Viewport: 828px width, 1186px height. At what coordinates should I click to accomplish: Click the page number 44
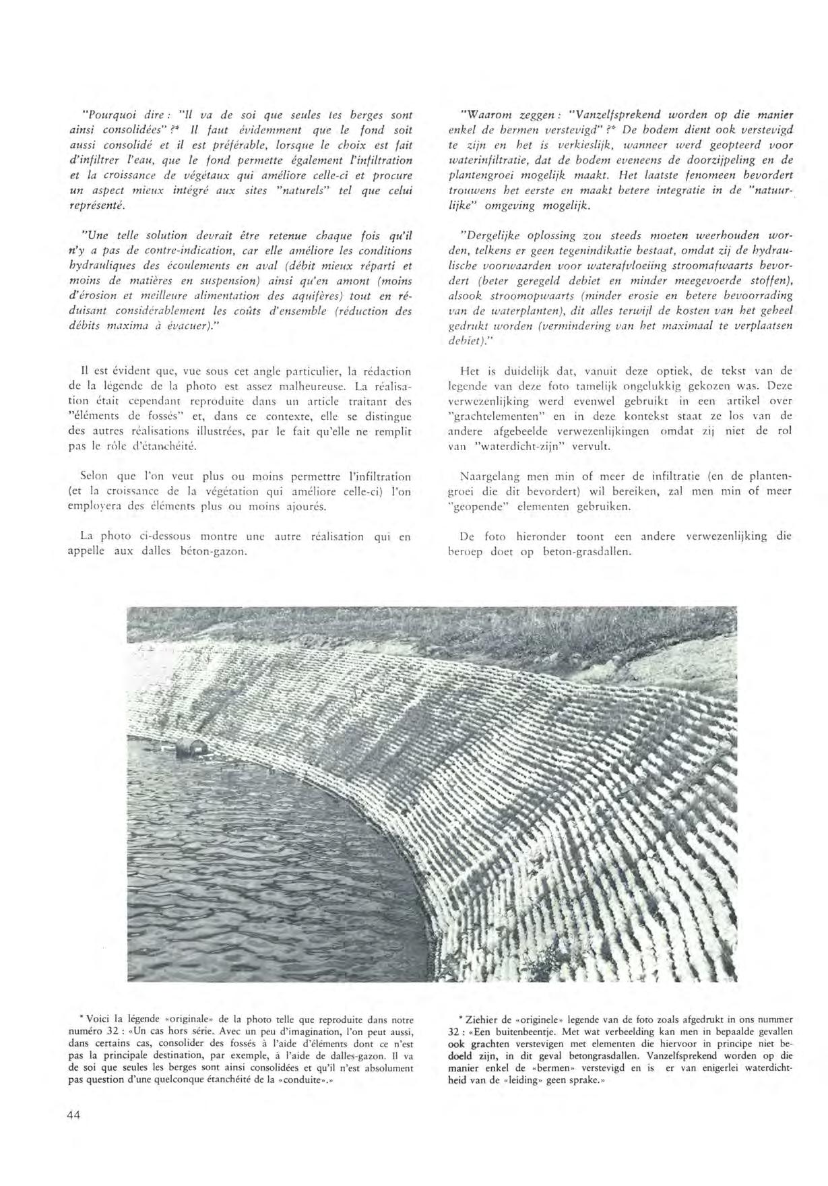[73, 1115]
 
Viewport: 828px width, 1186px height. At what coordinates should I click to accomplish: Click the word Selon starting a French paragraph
[94, 476]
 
